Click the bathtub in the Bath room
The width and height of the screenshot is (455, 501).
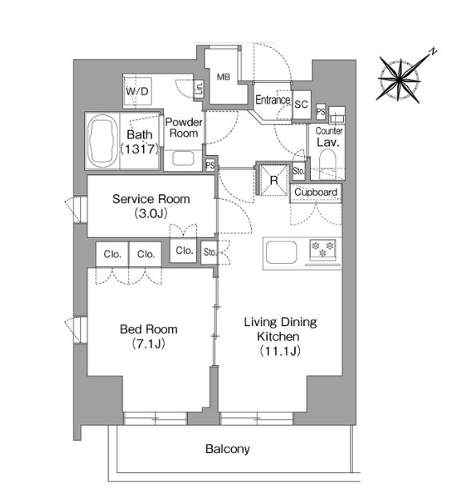pyautogui.click(x=102, y=141)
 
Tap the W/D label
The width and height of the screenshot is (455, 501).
pyautogui.click(x=138, y=92)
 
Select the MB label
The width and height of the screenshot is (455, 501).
pyautogui.click(x=223, y=77)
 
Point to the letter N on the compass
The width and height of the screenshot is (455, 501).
pyautogui.click(x=433, y=51)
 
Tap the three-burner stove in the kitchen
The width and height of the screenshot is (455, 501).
pyautogui.click(x=322, y=249)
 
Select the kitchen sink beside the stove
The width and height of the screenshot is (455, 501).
pyautogui.click(x=281, y=252)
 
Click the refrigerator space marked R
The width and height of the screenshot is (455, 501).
pyautogui.click(x=273, y=180)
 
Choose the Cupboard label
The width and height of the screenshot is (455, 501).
pyautogui.click(x=316, y=192)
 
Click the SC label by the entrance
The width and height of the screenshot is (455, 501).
pyautogui.click(x=301, y=105)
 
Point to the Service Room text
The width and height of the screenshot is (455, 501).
pyautogui.click(x=151, y=199)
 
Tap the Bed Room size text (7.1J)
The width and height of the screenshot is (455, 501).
pyautogui.click(x=149, y=344)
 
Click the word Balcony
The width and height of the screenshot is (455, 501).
pyautogui.click(x=227, y=449)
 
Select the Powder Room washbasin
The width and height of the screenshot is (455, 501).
pyautogui.click(x=183, y=158)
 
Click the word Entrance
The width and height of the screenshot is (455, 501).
pyautogui.click(x=273, y=100)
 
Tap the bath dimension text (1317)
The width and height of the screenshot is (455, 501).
pyautogui.click(x=139, y=149)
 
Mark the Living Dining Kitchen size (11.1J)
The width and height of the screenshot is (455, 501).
pyautogui.click(x=280, y=351)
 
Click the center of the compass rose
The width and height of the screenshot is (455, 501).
pyautogui.click(x=400, y=78)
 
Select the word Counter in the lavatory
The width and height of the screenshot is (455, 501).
pyautogui.click(x=329, y=131)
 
